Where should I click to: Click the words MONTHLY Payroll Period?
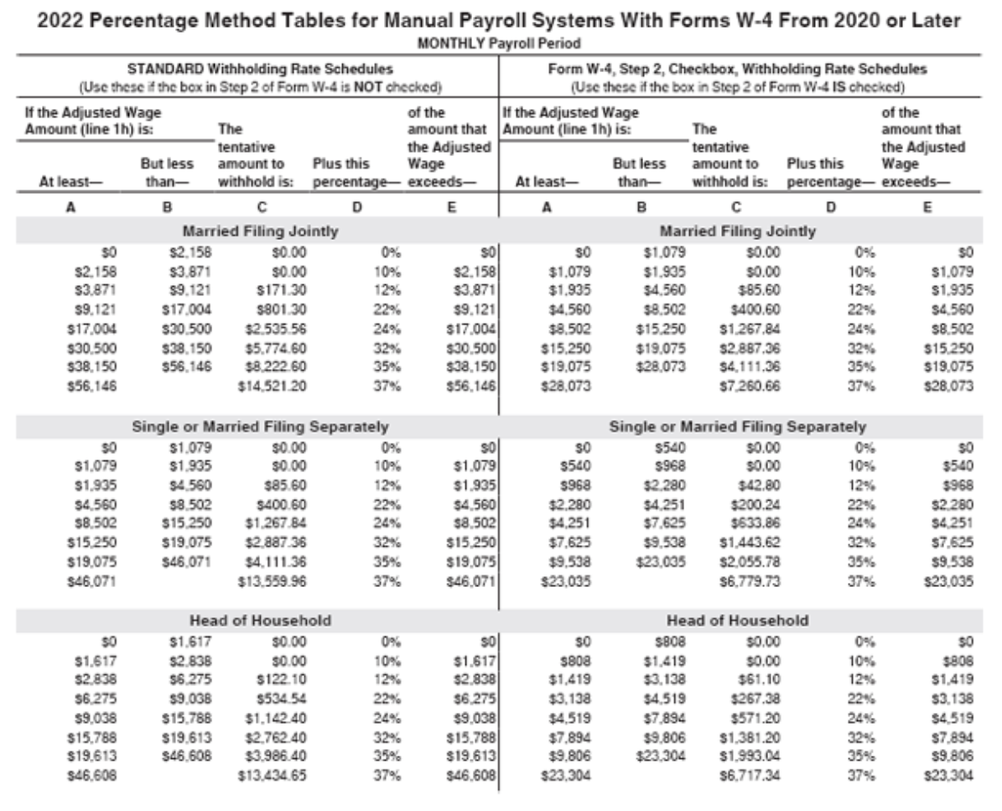tap(500, 42)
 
